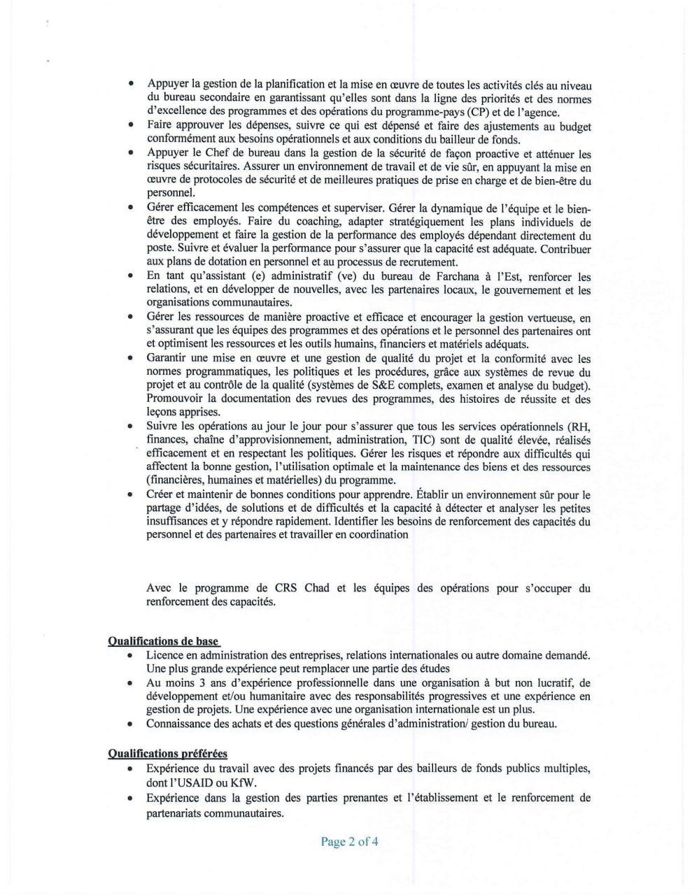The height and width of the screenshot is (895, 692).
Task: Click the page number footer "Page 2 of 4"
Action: (x=349, y=842)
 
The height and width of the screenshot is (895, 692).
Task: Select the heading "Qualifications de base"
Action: (x=163, y=641)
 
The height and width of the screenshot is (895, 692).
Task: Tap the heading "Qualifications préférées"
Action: (x=167, y=753)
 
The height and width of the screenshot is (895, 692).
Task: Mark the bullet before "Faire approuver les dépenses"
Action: (x=131, y=127)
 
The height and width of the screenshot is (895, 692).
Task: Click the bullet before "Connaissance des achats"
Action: (x=131, y=724)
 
